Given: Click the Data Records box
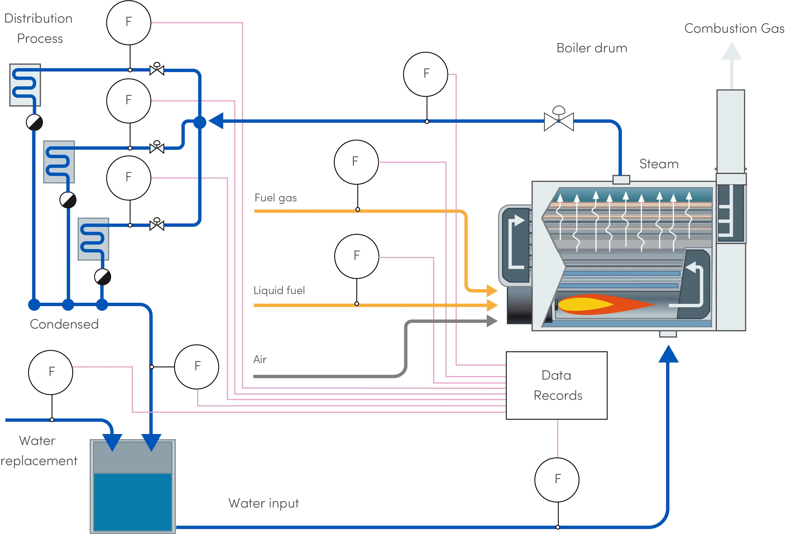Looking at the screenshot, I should click(556, 385).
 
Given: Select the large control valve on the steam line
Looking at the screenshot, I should click(559, 120).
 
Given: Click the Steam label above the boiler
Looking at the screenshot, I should click(659, 165).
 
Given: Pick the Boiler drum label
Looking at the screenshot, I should click(592, 49).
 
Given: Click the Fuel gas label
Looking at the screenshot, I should click(275, 198).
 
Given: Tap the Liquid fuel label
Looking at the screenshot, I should click(279, 291).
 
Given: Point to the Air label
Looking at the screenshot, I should click(260, 360).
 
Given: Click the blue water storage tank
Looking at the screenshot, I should click(133, 486).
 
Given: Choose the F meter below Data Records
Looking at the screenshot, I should click(557, 480).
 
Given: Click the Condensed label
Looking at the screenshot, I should click(63, 324).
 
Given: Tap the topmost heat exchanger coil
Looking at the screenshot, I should click(25, 85).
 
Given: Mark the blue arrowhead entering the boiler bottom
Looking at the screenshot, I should click(668, 355).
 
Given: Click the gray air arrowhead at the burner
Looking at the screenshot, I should click(491, 321).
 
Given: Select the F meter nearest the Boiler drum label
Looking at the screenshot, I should click(426, 74).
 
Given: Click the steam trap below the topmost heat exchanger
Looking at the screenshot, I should click(34, 122).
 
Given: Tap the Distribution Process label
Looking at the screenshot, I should click(39, 29).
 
